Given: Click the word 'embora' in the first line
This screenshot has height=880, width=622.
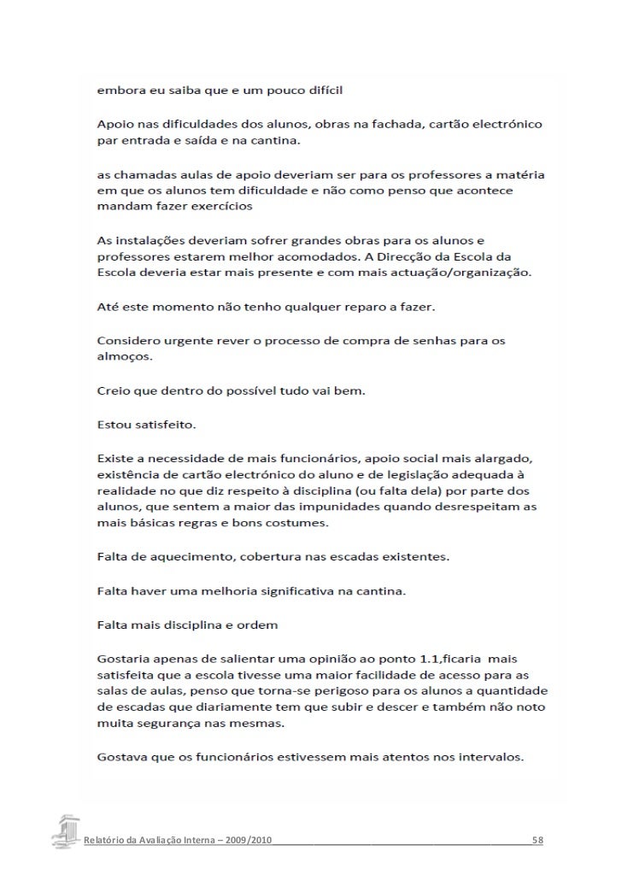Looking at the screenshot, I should [116, 90].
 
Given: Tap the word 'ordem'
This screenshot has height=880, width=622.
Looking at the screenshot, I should [258, 624].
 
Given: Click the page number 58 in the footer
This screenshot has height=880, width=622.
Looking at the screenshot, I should [537, 841].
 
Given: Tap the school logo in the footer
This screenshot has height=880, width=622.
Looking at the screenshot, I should [68, 831].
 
